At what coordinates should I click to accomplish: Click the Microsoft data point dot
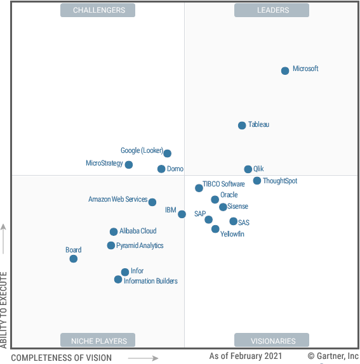point(285,70)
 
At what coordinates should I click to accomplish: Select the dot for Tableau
point(242,126)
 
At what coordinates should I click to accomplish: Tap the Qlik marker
point(248,169)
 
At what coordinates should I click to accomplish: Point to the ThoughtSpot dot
point(257,181)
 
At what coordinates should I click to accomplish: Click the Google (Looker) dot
point(167,153)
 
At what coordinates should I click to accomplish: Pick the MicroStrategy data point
point(129,165)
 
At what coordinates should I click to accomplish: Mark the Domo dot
point(161,169)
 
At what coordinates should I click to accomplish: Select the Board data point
point(74,259)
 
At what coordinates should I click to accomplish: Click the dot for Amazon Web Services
point(152,202)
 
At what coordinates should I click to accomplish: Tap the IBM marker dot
point(182,214)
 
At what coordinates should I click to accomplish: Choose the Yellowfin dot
point(216,229)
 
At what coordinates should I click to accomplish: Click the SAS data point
point(234,221)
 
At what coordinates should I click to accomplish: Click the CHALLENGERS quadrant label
point(99,10)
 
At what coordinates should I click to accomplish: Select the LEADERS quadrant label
point(272,10)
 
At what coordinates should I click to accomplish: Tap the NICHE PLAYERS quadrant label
point(98,341)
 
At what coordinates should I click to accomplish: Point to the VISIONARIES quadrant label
point(272,341)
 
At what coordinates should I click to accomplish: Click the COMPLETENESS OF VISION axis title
point(62,358)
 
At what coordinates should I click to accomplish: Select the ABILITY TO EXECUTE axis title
point(4,310)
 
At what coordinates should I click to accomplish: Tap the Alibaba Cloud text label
point(138,231)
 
